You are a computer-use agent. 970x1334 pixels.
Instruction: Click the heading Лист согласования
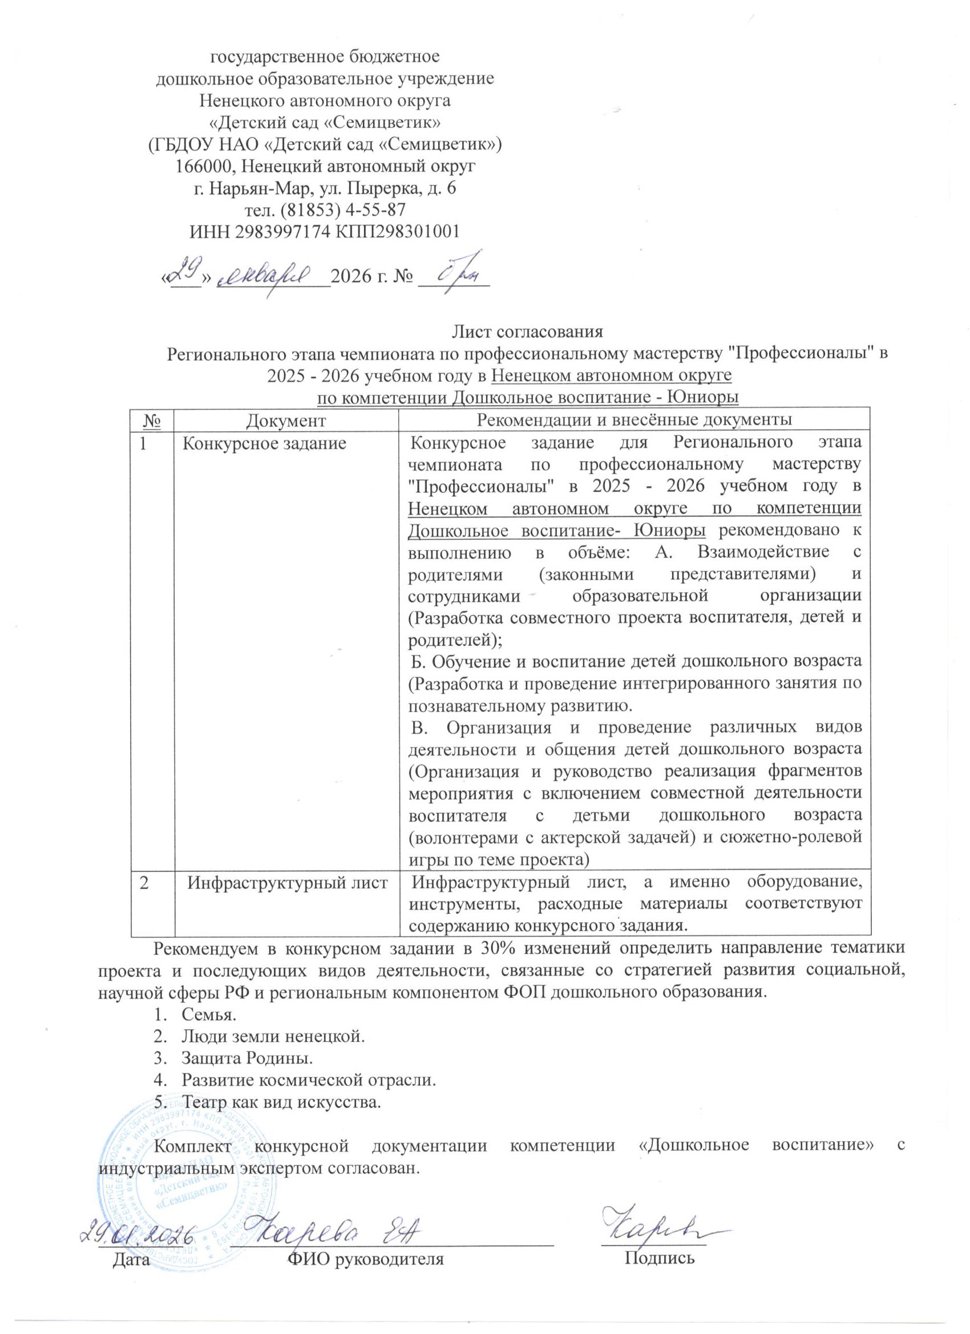click(527, 331)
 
